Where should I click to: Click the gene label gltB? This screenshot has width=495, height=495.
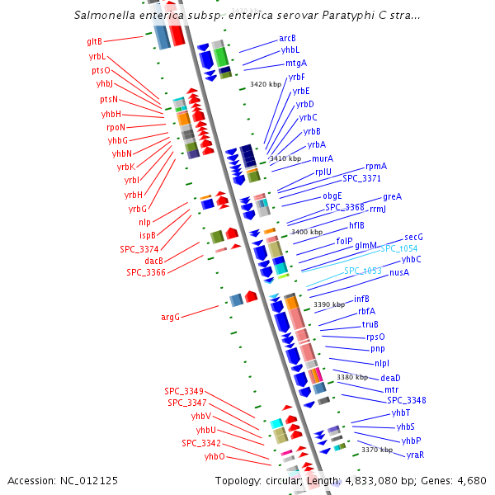pos(94,41)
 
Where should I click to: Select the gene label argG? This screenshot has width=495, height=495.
pos(170,316)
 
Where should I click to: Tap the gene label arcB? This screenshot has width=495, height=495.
pos(287,39)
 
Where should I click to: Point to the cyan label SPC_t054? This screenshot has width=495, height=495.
pos(398,248)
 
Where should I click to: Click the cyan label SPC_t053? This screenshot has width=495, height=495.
pos(362,271)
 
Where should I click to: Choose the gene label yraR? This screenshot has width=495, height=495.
pos(415,455)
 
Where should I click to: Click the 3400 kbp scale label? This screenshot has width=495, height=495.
pos(307,232)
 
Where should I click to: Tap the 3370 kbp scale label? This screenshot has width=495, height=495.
pos(377,450)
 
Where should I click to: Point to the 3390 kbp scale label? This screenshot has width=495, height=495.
pos(330,304)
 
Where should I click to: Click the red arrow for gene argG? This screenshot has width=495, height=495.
pos(251,296)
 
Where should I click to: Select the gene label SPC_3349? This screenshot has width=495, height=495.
pos(184,390)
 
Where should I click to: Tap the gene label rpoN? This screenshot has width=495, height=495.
pos(115,127)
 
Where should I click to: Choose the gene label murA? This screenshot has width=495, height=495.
pos(323,158)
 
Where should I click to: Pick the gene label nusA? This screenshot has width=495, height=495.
pos(399,272)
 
